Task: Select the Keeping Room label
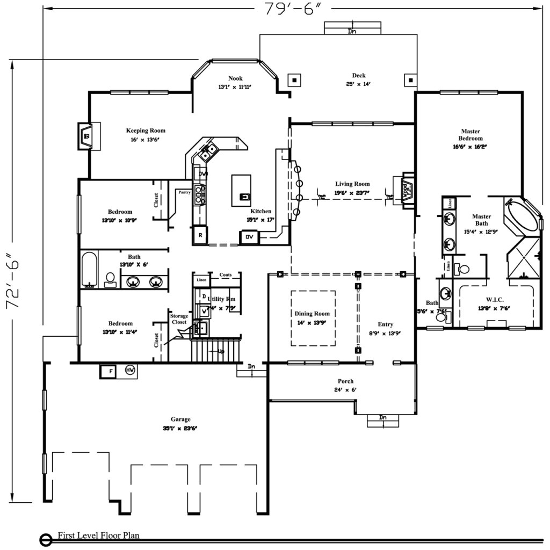[x=146, y=131]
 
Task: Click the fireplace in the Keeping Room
[x=86, y=136]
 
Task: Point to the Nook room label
[x=235, y=78]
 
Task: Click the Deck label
[x=359, y=76]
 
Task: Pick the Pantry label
[x=184, y=192]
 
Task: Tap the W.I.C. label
[x=494, y=299]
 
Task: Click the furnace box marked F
[x=107, y=371]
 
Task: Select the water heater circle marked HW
[x=129, y=370]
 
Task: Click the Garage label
[x=180, y=419]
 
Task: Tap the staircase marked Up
[x=216, y=350]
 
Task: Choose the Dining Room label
[x=312, y=314]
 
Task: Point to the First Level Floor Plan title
[x=98, y=535]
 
